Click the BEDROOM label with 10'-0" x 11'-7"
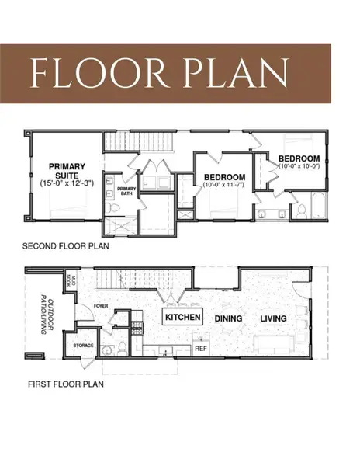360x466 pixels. pos(224,177)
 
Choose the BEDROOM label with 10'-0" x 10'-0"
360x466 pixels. pos(299,159)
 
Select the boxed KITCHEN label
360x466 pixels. pos(182,318)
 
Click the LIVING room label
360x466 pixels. pos(272,318)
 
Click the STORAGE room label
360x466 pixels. pos(83,345)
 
